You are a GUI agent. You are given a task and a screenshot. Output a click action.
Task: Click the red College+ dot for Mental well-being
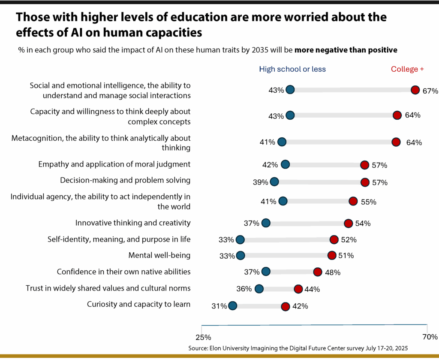332,255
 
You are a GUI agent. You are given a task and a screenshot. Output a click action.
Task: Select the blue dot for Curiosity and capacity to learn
232,306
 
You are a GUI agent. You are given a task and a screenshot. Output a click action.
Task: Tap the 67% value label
430,91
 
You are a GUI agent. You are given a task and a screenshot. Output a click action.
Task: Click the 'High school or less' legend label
292,69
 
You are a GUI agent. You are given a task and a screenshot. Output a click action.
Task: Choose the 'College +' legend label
407,69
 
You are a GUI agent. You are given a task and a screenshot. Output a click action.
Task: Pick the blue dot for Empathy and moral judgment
285,164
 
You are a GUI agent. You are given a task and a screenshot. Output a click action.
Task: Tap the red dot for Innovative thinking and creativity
348,223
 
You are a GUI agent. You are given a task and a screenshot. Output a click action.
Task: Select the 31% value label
219,306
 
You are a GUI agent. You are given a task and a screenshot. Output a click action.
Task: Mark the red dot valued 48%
318,272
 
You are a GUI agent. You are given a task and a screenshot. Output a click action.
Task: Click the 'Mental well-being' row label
159,255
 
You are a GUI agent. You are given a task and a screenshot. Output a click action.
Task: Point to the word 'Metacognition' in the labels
35,138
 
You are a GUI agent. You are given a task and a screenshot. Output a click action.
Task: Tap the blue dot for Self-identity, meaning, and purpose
240,239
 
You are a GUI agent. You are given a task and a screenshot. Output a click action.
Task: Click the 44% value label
312,289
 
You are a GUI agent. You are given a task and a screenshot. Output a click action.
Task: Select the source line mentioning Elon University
298,348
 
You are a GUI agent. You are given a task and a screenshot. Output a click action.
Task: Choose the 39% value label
261,183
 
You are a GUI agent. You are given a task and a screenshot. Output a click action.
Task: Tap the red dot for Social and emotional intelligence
415,90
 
